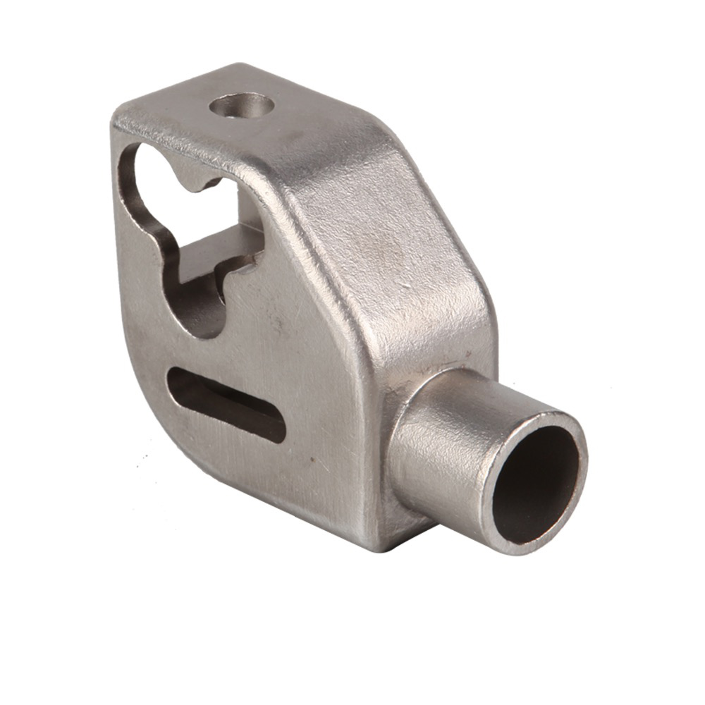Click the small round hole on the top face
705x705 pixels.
tap(242, 108)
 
